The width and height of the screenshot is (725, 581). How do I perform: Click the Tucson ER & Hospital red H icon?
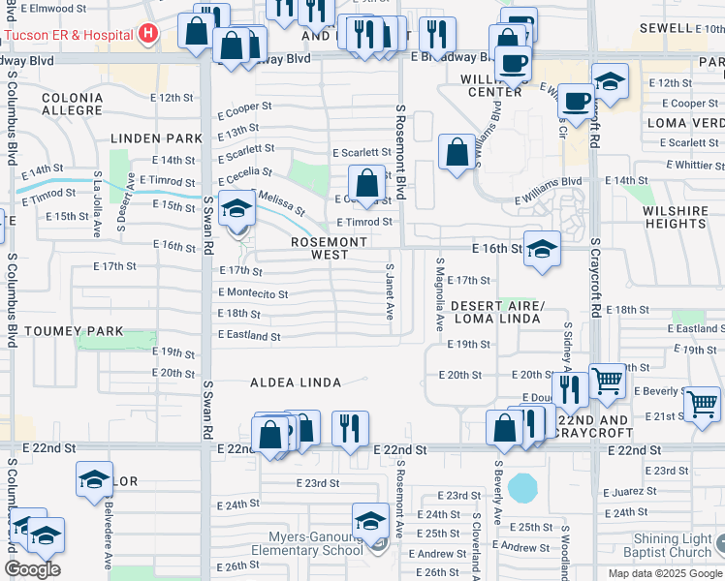pyautogui.click(x=148, y=35)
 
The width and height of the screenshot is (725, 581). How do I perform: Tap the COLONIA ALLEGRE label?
pyautogui.click(x=72, y=104)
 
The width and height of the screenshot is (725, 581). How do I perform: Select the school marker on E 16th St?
pyautogui.click(x=542, y=249)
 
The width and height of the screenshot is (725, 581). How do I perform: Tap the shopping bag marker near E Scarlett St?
pyautogui.click(x=367, y=182)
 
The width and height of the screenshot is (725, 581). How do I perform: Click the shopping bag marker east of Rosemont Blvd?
pyautogui.click(x=456, y=152)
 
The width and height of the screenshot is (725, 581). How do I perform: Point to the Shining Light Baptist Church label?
pyautogui.click(x=673, y=545)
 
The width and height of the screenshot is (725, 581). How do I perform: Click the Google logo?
pyautogui.click(x=32, y=569)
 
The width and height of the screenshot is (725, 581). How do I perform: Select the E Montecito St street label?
pyautogui.click(x=253, y=292)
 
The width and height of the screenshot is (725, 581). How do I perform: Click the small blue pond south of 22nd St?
pyautogui.click(x=522, y=487)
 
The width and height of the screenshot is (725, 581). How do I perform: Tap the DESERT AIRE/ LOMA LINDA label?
pyautogui.click(x=498, y=311)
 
